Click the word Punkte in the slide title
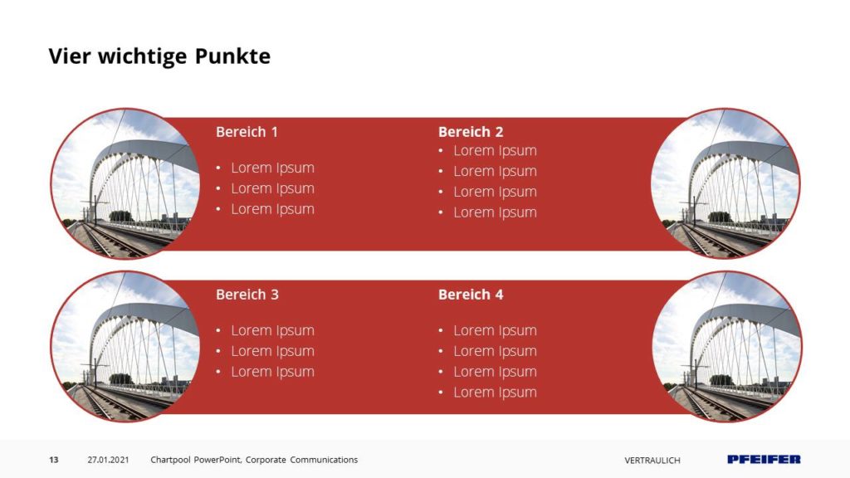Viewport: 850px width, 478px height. coord(232,56)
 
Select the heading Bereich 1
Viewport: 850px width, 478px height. coord(247,132)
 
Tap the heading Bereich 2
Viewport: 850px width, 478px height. coord(471,132)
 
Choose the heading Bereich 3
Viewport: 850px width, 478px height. coord(247,295)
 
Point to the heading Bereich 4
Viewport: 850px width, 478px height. coord(471,295)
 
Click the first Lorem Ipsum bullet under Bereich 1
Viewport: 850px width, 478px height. coord(272,168)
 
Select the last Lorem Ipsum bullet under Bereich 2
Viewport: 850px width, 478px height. coord(495,212)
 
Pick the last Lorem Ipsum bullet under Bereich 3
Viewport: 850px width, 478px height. coord(272,372)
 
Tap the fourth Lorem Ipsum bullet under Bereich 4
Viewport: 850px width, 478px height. coord(495,393)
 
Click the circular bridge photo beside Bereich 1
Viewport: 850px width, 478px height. coord(125,183)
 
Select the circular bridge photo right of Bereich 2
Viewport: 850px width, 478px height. coord(725,183)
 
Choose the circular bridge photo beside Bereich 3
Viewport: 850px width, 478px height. coord(125,346)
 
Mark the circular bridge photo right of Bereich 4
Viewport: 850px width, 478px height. coord(727,346)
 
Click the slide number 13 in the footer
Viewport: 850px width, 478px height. coord(54,460)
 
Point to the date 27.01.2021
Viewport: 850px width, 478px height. coord(109,460)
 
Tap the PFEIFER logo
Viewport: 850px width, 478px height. coord(764,460)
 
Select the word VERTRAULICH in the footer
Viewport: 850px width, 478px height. coord(652,460)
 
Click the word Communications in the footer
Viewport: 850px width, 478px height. coord(324,460)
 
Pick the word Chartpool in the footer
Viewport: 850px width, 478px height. coord(170,460)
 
